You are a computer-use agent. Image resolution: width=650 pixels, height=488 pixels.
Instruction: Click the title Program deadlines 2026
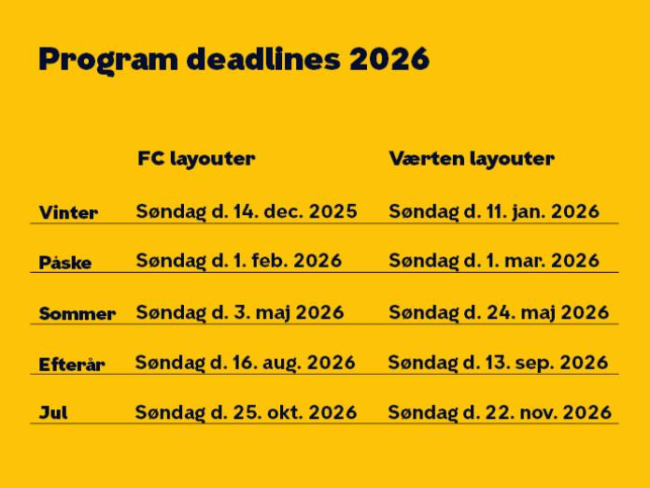coord(233,60)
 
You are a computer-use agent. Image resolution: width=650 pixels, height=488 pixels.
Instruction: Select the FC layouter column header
coord(196,159)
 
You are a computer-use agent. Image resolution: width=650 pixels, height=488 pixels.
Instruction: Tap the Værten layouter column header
coord(472,159)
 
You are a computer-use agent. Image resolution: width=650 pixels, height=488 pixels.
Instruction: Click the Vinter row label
coord(68,213)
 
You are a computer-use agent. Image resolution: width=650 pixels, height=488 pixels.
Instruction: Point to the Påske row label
coord(65,263)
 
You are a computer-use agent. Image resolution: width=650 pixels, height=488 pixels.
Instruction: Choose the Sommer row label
coord(78,314)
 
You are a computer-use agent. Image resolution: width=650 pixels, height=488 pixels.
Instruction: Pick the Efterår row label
coord(72,365)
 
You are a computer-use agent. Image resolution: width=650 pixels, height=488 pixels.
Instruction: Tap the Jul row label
coord(53,412)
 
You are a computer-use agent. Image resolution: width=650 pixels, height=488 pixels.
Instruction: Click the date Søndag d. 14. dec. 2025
coord(247,212)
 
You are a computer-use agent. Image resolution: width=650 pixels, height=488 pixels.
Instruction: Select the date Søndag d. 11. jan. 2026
coord(494,212)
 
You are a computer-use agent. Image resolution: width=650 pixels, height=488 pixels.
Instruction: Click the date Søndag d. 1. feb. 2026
coord(239,261)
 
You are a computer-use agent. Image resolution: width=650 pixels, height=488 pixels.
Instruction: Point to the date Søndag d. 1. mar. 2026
coord(494,261)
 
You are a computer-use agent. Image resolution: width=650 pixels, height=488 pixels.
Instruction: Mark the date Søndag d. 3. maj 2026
coord(240,312)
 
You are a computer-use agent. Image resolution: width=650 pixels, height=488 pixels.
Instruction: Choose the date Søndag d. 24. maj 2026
coord(499,312)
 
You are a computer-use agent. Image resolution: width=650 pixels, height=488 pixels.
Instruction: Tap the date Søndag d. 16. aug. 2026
coord(246,362)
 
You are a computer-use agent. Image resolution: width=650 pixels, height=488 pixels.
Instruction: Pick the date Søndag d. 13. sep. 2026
coord(498,362)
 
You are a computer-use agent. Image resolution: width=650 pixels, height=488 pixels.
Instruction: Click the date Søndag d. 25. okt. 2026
coord(246,412)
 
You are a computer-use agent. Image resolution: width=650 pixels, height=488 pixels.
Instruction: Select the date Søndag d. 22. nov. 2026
coord(500,412)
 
